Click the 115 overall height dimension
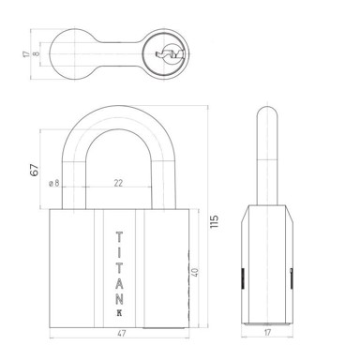(x=215, y=221)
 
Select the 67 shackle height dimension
(x=35, y=170)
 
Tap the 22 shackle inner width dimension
(x=118, y=183)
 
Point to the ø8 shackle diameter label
(x=54, y=183)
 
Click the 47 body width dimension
(x=121, y=334)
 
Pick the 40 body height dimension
(x=195, y=272)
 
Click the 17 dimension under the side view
(x=267, y=333)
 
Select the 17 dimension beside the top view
(x=25, y=54)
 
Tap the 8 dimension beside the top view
(x=37, y=53)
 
